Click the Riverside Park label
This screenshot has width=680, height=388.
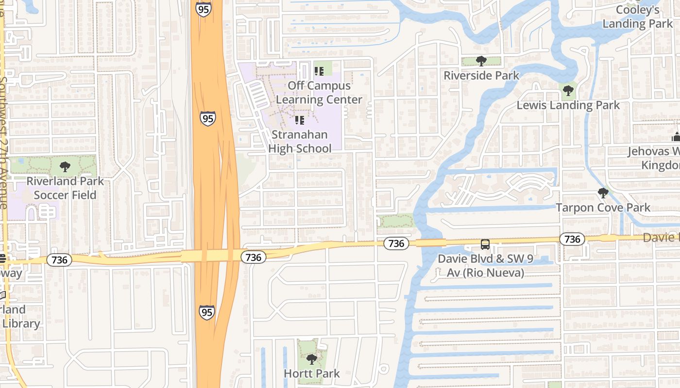[481, 76]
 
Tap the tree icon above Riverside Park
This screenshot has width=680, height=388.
[481, 61]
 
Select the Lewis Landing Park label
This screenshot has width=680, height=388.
[568, 105]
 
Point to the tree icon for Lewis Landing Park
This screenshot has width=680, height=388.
[568, 91]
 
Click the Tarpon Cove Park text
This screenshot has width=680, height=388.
[603, 208]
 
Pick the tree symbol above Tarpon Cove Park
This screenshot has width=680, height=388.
[603, 193]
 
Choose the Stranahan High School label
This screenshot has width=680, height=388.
[300, 141]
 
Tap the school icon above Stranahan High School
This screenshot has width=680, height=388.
[300, 120]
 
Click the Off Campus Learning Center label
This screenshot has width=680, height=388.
[319, 93]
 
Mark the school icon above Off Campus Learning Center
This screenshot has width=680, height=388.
[319, 71]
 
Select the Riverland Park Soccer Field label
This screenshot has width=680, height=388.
[65, 188]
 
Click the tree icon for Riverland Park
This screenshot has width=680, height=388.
[65, 167]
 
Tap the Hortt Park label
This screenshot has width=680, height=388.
[312, 373]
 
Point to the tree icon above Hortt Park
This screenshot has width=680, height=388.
[312, 359]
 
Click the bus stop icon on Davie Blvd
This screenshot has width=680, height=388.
[485, 244]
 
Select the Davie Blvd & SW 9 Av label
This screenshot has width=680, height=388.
[485, 265]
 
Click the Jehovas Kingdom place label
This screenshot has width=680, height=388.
[653, 158]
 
